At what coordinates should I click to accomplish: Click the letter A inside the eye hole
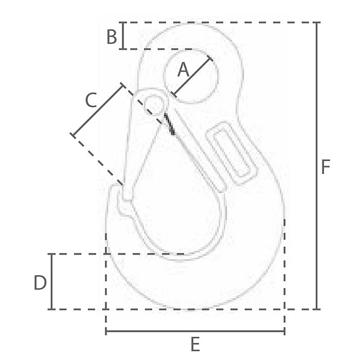point(183,69)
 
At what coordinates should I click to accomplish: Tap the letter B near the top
point(112,37)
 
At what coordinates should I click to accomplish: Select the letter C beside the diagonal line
point(91,100)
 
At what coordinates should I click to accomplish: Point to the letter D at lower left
point(40,282)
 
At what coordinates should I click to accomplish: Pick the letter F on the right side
point(326,167)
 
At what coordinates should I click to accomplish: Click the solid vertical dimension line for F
point(317,166)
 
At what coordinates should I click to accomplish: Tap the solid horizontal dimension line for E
point(195,331)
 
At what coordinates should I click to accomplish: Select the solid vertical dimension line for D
point(51,281)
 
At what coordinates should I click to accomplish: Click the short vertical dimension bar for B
point(123,35)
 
